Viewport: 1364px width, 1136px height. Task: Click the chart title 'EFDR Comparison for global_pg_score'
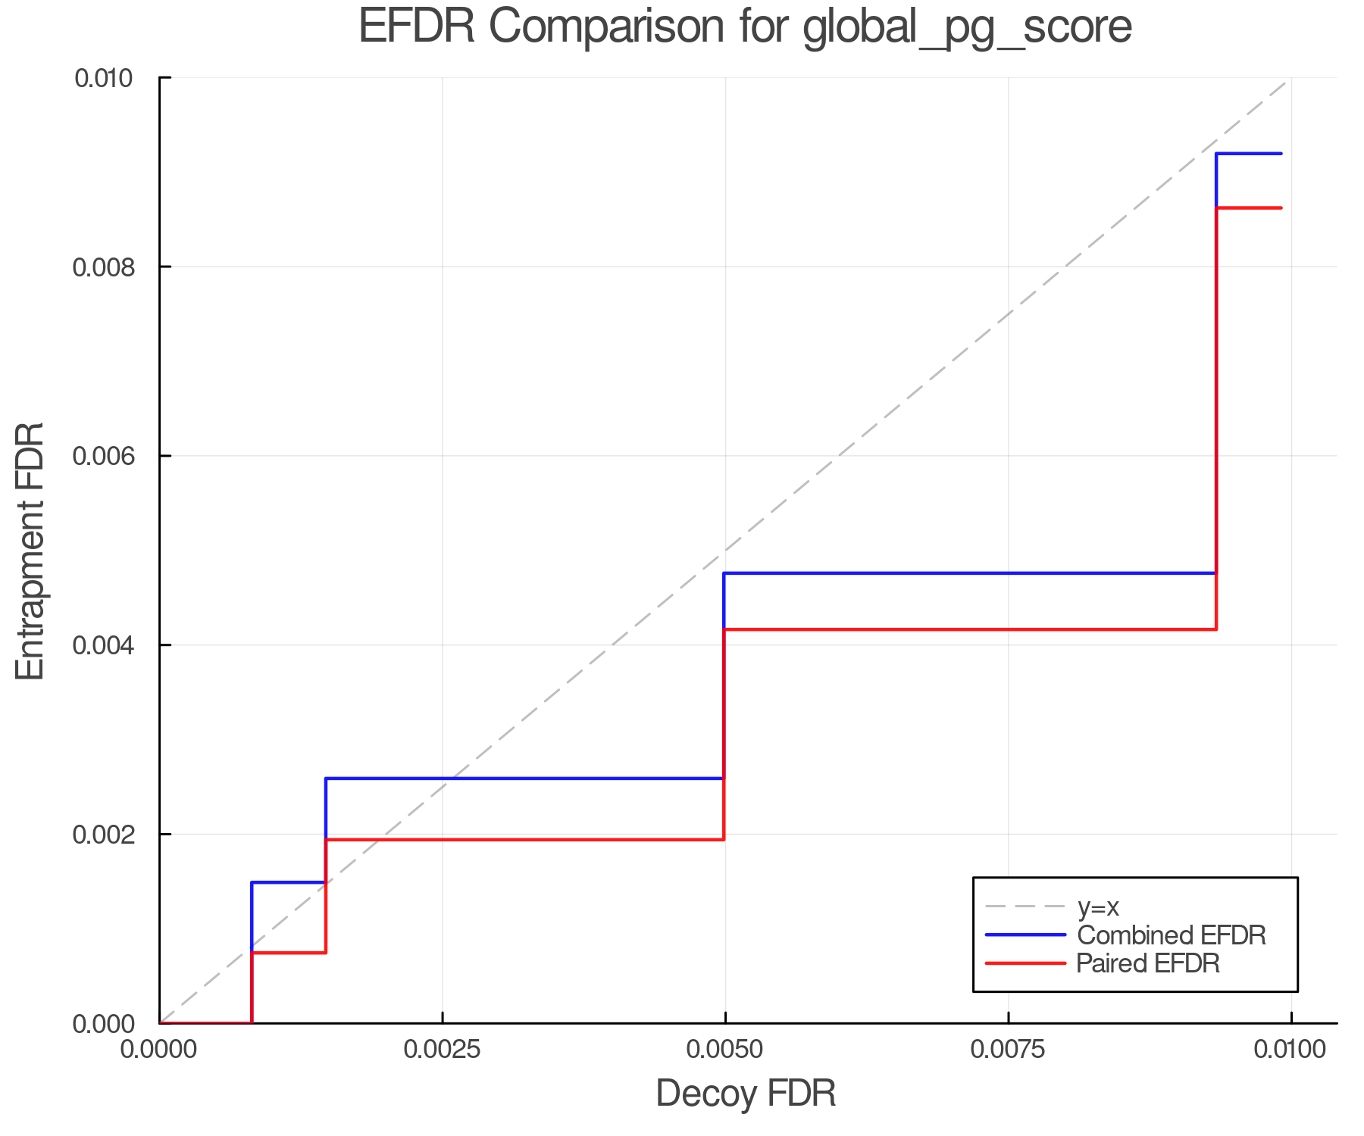point(745,27)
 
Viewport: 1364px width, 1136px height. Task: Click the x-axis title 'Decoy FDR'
point(746,1094)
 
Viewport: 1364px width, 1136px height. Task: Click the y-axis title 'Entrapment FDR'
point(31,551)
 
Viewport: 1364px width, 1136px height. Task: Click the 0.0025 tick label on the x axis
point(442,1050)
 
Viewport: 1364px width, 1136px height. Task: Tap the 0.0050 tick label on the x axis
point(725,1050)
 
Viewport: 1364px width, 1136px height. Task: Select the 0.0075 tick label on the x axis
point(1008,1050)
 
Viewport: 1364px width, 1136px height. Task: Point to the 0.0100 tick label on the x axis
point(1290,1050)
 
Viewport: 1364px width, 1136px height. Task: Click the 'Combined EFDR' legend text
point(1172,935)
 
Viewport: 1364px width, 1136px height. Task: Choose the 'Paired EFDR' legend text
point(1148,963)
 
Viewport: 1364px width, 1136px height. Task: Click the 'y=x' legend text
point(1098,907)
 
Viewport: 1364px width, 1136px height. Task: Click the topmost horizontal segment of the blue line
point(1249,154)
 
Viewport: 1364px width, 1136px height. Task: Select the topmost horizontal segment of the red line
point(1249,208)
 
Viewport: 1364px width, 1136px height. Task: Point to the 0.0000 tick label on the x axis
point(159,1050)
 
